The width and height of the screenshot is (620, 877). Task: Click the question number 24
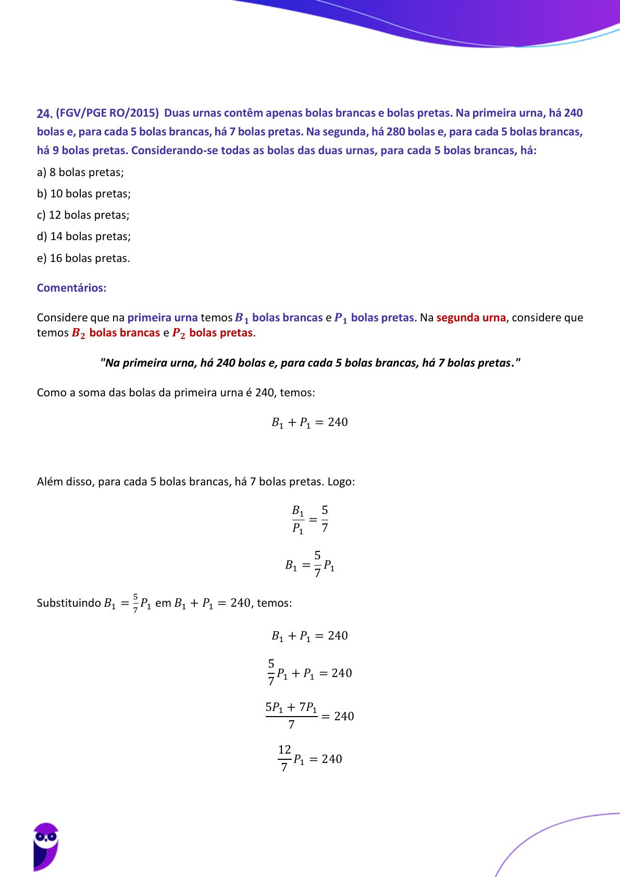click(x=44, y=114)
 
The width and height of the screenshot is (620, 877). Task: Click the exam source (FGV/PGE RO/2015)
click(x=107, y=113)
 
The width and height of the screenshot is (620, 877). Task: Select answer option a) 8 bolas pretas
click(x=80, y=172)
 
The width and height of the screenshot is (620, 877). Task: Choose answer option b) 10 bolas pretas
click(x=84, y=194)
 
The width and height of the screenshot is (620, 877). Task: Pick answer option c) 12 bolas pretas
click(x=83, y=215)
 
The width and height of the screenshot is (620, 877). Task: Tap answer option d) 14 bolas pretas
click(x=84, y=236)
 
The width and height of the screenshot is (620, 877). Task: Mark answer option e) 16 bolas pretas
click(x=83, y=258)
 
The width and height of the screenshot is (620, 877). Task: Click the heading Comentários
click(x=71, y=288)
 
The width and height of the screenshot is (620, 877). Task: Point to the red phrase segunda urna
click(x=471, y=318)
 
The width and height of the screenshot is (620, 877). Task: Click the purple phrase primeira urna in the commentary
click(x=163, y=318)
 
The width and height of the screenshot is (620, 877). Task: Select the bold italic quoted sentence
click(x=310, y=363)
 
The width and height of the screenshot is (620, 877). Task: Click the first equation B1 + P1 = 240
click(x=309, y=422)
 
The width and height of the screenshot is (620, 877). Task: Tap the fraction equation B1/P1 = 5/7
click(x=310, y=519)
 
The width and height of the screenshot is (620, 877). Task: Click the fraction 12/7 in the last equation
click(x=284, y=758)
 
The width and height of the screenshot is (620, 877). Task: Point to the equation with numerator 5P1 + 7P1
click(x=309, y=716)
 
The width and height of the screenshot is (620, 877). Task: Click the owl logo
click(x=46, y=846)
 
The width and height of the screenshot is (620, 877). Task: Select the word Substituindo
click(x=69, y=603)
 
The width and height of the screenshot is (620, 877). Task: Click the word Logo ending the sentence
click(x=341, y=482)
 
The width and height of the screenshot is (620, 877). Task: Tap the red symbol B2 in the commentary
click(x=78, y=333)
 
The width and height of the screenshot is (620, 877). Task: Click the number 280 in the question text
click(x=396, y=132)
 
